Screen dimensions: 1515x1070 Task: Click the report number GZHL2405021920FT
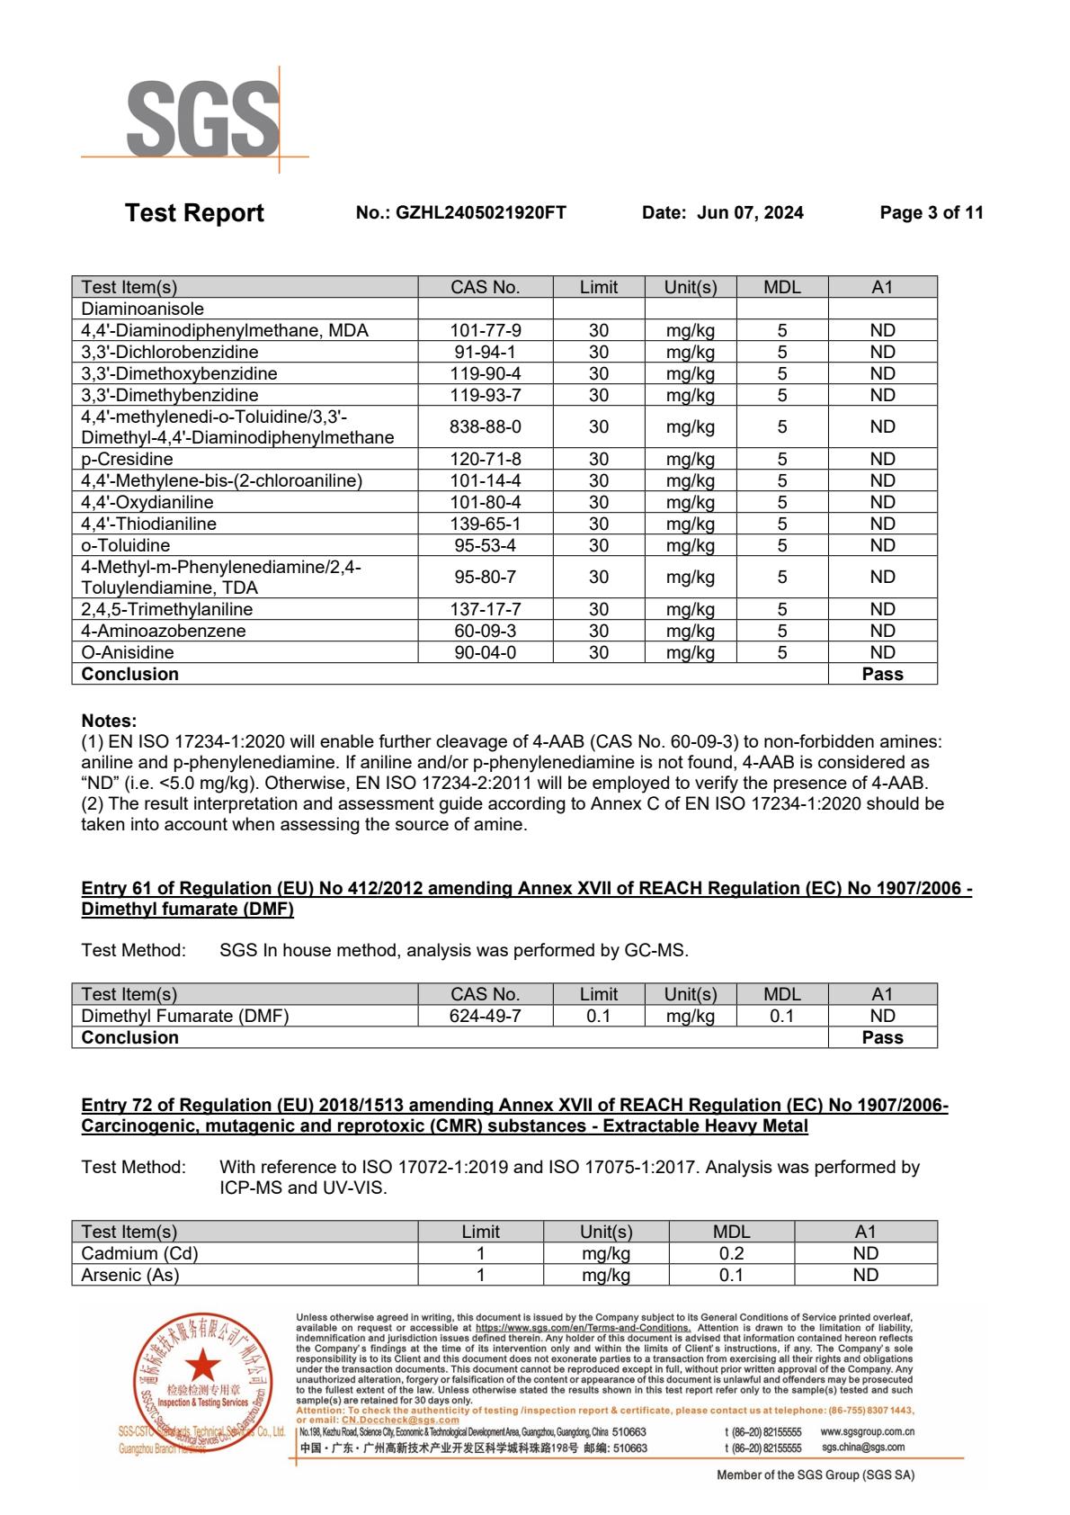[x=481, y=213]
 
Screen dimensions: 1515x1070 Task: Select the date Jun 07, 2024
[x=750, y=213]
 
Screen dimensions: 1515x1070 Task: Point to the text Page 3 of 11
[x=932, y=213]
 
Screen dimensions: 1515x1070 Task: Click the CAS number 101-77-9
[x=486, y=330]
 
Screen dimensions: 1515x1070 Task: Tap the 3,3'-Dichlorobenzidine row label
[x=170, y=352]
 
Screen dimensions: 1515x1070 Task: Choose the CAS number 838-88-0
[x=486, y=426]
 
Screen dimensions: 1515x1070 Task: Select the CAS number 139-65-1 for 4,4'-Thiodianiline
[x=486, y=524]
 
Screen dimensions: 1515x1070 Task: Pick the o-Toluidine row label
[x=125, y=545]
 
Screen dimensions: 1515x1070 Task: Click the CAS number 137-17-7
[x=486, y=609]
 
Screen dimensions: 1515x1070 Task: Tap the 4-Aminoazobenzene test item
[x=163, y=631]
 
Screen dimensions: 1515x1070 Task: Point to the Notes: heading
[x=109, y=721]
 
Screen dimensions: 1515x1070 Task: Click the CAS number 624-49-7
[x=486, y=1016]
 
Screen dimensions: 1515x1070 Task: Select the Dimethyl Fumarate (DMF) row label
[x=185, y=1016]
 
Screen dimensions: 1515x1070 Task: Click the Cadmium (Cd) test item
[x=139, y=1253]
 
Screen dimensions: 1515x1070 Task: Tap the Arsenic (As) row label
[x=130, y=1275]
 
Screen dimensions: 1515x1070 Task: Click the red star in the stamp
[x=202, y=1362]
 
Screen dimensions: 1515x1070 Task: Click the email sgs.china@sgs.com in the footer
[x=863, y=1448]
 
